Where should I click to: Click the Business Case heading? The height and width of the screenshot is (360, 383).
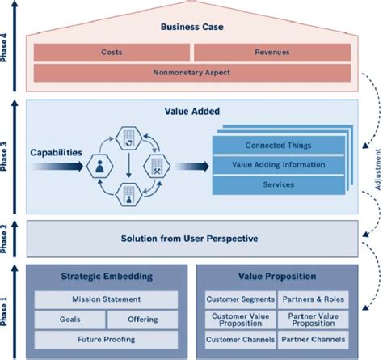(191, 27)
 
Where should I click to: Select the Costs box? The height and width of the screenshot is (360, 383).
(112, 53)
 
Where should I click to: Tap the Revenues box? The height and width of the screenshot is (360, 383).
(271, 53)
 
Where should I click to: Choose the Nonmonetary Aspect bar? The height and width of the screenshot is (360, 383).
(191, 73)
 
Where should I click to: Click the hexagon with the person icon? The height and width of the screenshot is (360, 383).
(100, 168)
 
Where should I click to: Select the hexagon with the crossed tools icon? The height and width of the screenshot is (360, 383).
(157, 168)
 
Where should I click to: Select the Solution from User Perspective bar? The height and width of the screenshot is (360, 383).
(191, 238)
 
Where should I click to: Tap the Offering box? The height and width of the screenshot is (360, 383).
(143, 320)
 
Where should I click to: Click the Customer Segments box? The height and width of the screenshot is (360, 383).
(240, 299)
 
